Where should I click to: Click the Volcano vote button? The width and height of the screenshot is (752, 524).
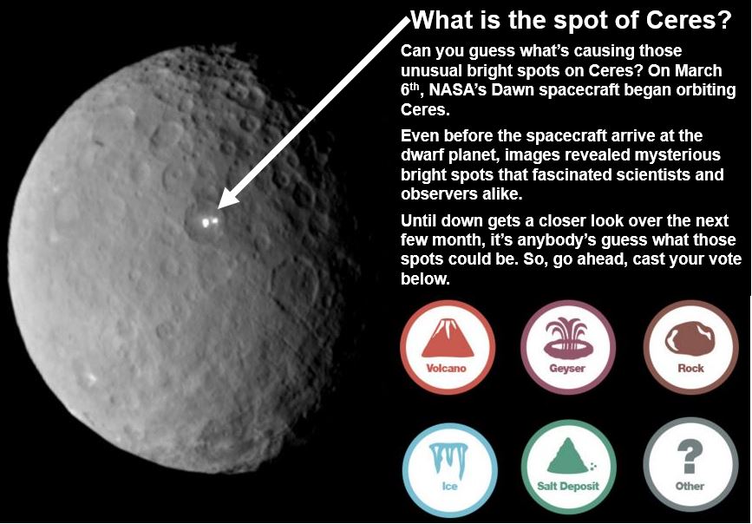click(448, 347)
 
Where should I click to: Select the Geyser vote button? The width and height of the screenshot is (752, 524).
click(568, 347)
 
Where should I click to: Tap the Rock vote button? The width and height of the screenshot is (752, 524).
click(690, 347)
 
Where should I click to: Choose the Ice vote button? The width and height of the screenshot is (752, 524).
click(449, 466)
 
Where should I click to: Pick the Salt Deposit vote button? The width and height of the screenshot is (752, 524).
click(568, 466)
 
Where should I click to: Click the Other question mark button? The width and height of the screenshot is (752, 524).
click(690, 466)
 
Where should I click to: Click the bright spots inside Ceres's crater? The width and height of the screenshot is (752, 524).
click(210, 222)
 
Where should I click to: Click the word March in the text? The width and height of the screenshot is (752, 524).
click(698, 70)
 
